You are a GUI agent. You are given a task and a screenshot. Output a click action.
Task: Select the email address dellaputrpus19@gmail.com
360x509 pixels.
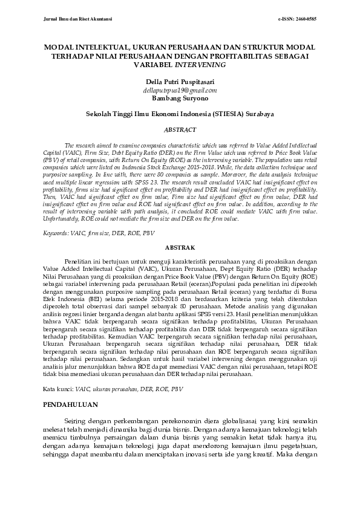pos(180,89)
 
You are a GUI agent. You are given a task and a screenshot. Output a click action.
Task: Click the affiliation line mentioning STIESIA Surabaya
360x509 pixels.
pos(180,113)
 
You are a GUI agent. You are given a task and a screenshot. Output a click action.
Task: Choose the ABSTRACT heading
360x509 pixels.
pos(180,130)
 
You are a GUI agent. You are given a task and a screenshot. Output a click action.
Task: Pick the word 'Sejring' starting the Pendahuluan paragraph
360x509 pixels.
pos(76,420)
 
